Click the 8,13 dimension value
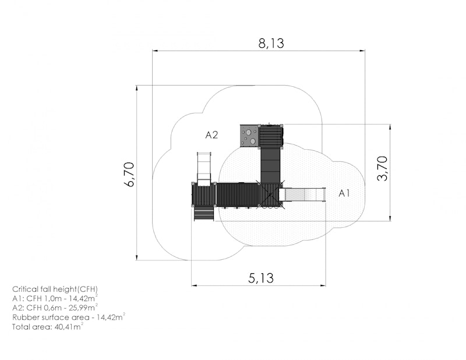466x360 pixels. click(271, 43)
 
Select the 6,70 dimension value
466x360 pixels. click(130, 174)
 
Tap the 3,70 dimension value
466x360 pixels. click(382, 168)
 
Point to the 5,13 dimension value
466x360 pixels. click(260, 278)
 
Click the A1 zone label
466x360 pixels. click(344, 193)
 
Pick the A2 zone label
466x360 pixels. click(211, 135)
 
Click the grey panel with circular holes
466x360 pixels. click(249, 136)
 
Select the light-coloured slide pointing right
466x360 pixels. click(302, 195)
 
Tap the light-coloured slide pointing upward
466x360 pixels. click(204, 169)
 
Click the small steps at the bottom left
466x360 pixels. click(204, 213)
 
